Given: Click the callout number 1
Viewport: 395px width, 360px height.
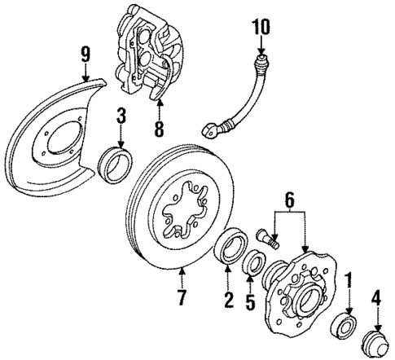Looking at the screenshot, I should coord(348,282).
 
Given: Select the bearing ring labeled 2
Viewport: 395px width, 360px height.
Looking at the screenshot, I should coord(228,248).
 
